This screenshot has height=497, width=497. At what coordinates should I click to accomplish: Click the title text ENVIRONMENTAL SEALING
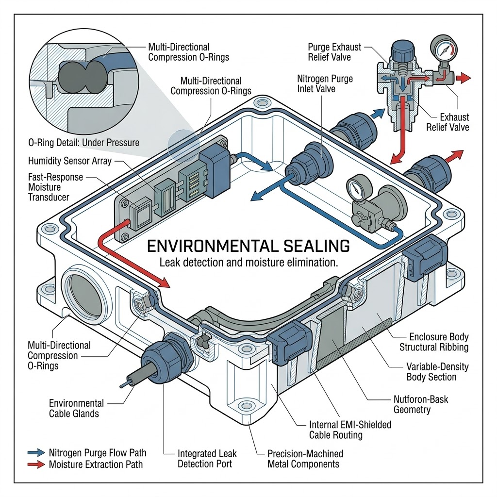tap(248, 246)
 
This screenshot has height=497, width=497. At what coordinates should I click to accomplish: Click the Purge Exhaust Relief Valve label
tap(334, 52)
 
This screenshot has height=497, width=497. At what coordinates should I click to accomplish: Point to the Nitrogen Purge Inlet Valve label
tap(325, 83)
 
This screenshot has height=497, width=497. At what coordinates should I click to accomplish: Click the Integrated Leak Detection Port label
tap(207, 459)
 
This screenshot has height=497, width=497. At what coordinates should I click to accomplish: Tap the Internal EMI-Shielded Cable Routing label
tap(350, 430)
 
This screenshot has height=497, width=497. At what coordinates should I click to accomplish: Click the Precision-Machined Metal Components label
tap(305, 459)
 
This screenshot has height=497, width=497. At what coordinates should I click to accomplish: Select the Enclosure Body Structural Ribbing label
tap(433, 342)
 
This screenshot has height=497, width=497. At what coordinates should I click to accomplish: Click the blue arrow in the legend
tap(36, 453)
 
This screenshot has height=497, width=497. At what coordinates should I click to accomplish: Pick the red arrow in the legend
tap(36, 464)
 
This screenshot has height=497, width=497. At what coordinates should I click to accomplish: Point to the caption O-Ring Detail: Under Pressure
tap(83, 143)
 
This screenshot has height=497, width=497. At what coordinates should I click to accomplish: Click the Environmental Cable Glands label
tap(76, 408)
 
